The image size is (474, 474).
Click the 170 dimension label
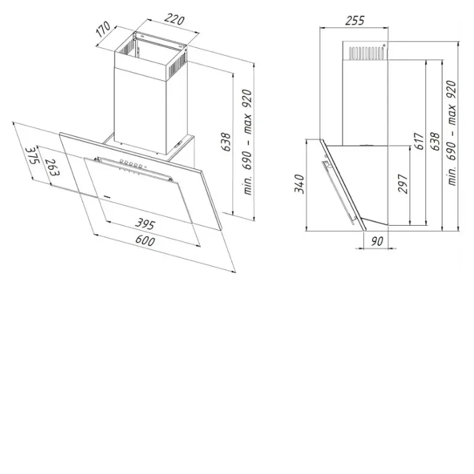(x=103, y=29)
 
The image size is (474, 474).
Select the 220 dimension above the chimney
(x=174, y=20)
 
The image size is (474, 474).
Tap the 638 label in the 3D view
(x=226, y=142)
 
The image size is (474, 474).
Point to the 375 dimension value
(x=33, y=155)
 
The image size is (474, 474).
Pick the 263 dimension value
(x=52, y=167)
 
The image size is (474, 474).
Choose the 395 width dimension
(x=145, y=224)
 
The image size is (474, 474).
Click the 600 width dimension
(x=145, y=241)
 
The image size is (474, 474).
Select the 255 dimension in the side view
(x=355, y=21)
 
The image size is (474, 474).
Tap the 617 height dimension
(x=419, y=141)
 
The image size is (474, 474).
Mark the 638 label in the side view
(x=435, y=142)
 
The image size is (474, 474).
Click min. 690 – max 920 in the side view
(x=451, y=133)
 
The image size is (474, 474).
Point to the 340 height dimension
(x=299, y=184)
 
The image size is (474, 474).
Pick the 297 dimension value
(x=403, y=184)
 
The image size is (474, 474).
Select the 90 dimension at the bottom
(x=377, y=241)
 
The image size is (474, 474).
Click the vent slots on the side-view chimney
(x=367, y=53)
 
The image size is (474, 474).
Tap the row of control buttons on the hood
(x=131, y=164)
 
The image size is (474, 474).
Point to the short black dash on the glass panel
(x=107, y=197)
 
